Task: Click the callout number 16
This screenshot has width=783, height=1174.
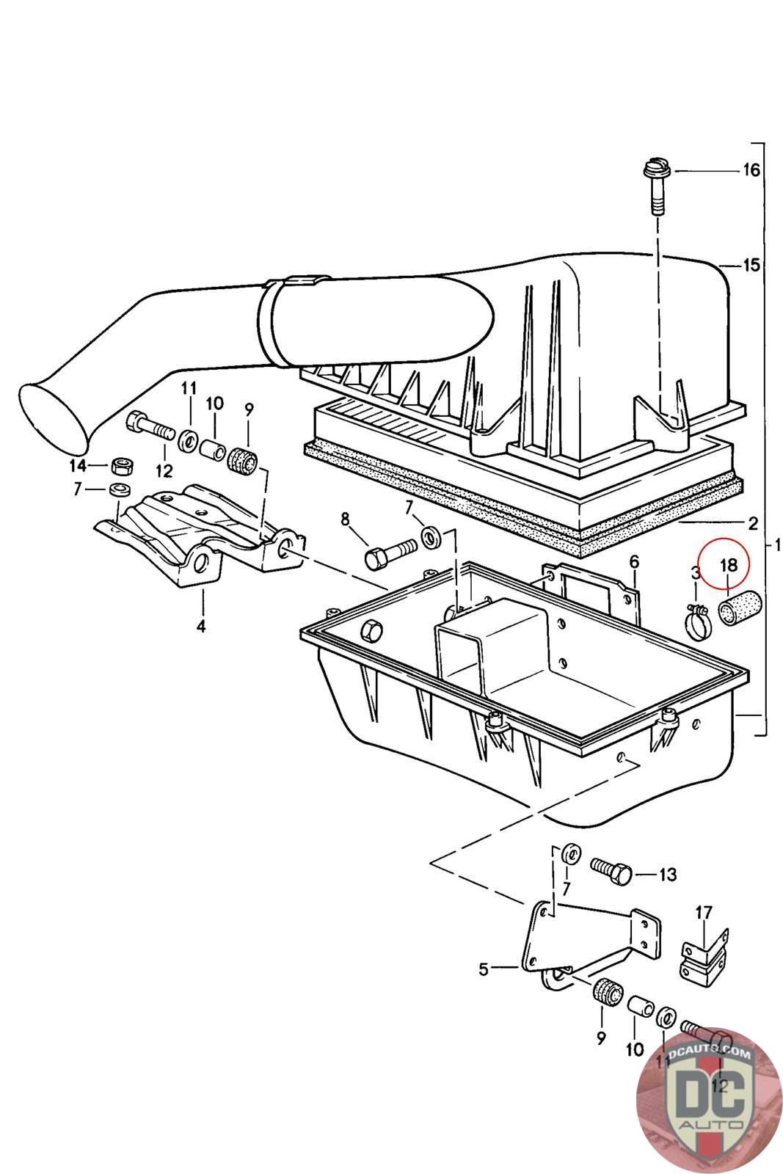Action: [751, 169]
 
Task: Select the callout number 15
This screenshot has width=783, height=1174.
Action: [751, 265]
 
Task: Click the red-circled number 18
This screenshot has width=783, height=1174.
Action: [729, 564]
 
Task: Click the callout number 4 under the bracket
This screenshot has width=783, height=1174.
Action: [201, 626]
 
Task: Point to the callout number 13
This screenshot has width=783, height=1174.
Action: [667, 874]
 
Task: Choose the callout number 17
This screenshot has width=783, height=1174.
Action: [704, 913]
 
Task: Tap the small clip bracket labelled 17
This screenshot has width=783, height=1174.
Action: [705, 955]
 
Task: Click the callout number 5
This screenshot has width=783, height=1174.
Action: [483, 969]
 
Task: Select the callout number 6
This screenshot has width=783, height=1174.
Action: [633, 562]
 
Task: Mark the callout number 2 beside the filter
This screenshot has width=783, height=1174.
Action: [753, 522]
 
